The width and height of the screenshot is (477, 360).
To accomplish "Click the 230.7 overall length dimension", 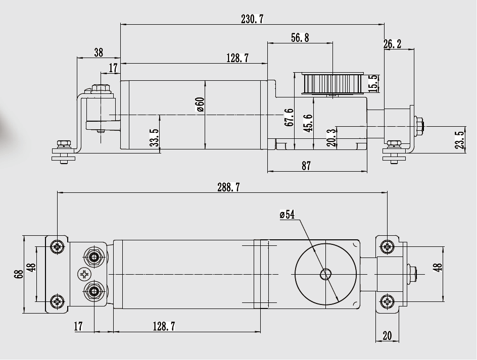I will point(252,19).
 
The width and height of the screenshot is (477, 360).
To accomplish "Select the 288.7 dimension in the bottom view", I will point(228,187).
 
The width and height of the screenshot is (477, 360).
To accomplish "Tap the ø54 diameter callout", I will point(287,215).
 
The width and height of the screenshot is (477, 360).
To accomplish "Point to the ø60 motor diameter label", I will point(200,105).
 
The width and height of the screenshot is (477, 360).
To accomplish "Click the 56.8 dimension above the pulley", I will point(300,38).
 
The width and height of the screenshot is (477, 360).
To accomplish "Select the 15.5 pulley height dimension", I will point(373,83).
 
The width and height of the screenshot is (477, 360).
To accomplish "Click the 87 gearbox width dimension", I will point(306,166).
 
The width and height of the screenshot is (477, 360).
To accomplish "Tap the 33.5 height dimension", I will point(154,137).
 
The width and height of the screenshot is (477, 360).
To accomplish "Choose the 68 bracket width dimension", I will point(19,274).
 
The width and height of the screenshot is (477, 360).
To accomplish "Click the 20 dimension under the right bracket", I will point(387,335).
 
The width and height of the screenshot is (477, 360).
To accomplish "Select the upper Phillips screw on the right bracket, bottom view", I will point(387,246).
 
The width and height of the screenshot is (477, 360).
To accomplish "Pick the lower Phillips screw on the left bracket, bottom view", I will point(57,302).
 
